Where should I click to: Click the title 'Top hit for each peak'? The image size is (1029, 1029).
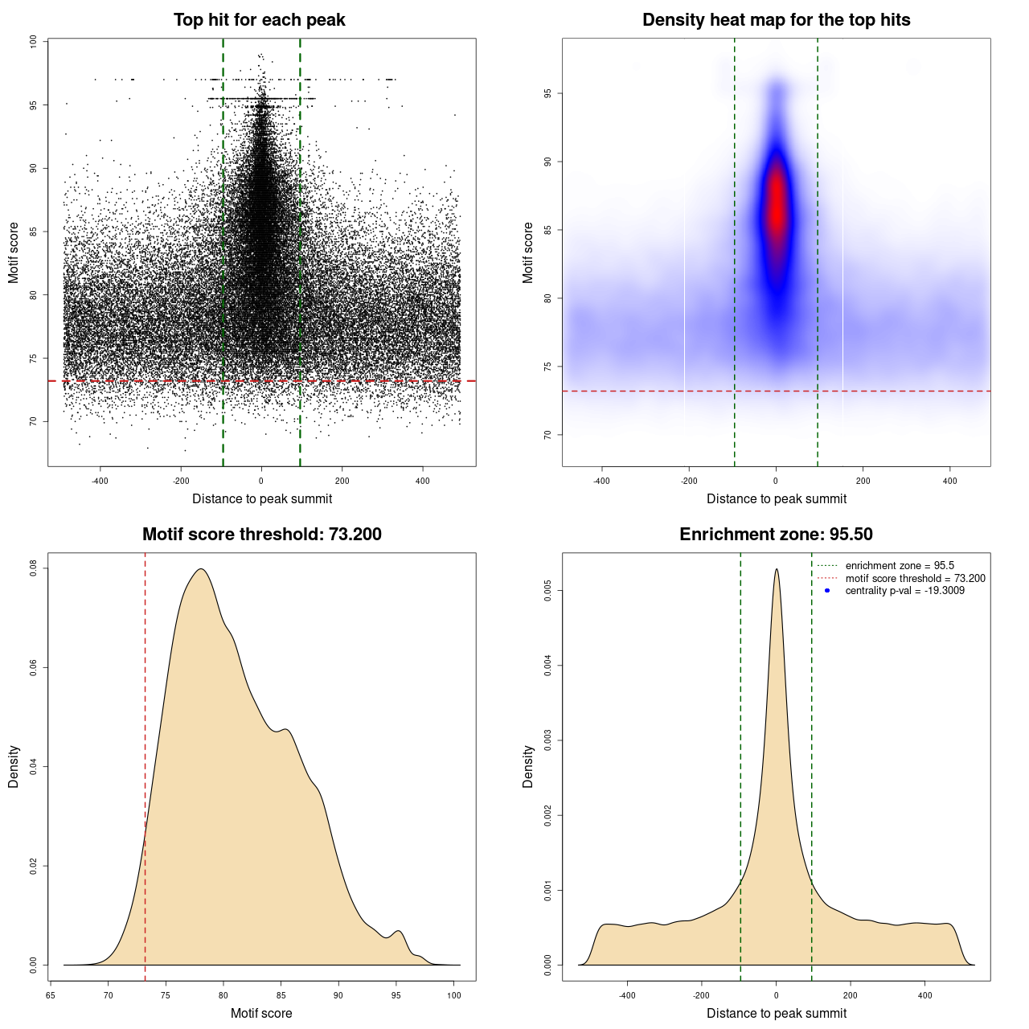point(259,20)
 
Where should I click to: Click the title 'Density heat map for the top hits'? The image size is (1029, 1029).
point(776,20)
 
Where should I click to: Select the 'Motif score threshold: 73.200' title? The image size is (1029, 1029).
point(261,535)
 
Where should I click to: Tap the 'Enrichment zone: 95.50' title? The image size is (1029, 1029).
point(776,535)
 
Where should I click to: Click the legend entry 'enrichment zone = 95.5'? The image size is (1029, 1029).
point(900,566)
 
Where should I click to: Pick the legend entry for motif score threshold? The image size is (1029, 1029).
point(915,579)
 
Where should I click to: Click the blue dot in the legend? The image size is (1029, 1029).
point(827,591)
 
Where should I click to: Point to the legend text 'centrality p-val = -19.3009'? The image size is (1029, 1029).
point(904,591)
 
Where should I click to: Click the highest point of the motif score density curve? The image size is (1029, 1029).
point(201,569)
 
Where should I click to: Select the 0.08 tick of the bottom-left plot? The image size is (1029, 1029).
point(33,568)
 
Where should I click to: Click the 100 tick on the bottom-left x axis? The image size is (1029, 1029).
point(454,995)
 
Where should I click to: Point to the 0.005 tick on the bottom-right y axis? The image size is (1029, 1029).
point(547,591)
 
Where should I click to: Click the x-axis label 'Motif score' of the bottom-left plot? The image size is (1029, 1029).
point(261,1014)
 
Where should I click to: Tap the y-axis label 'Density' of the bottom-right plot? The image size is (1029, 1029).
point(528,766)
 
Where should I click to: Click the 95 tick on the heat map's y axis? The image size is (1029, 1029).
point(547,94)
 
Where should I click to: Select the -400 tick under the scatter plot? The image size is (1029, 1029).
point(100,481)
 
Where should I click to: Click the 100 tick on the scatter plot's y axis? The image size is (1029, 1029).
point(33,42)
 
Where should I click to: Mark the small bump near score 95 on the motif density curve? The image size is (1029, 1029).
point(397,931)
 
